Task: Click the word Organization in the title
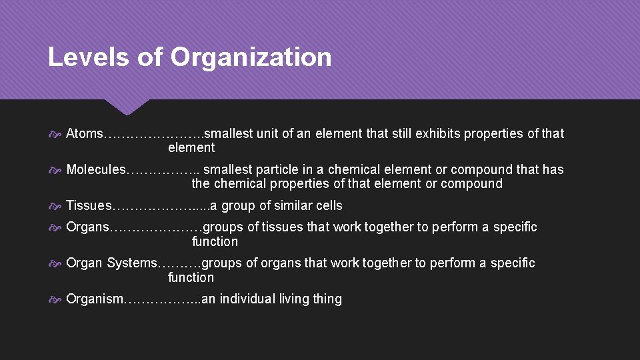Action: click(251, 57)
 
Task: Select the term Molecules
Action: click(95, 170)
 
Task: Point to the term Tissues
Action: click(89, 206)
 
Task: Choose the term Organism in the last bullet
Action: click(95, 299)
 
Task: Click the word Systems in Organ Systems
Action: click(131, 263)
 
